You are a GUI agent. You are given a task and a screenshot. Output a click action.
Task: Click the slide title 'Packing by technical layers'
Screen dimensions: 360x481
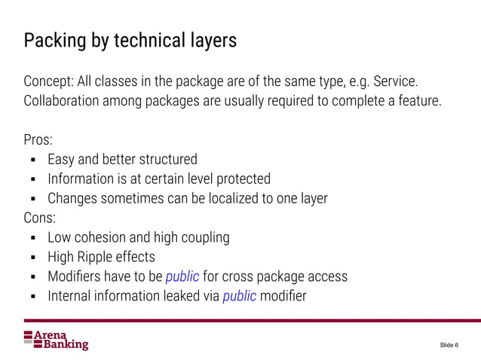130,40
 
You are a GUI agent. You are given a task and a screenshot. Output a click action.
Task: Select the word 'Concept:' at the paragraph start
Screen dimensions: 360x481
50,80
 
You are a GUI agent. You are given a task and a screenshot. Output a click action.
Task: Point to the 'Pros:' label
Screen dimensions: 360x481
38,140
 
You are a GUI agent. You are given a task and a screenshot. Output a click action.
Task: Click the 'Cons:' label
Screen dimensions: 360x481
40,218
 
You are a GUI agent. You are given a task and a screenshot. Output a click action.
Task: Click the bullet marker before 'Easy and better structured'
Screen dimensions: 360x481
34,160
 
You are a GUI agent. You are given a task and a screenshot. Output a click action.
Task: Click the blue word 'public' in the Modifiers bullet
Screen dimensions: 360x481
182,276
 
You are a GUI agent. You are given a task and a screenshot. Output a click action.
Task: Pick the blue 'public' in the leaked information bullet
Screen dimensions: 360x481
240,296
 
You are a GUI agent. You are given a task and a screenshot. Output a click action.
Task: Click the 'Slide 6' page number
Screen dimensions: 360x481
447,345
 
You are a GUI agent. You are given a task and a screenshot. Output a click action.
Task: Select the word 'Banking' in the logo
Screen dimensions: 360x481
62,345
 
